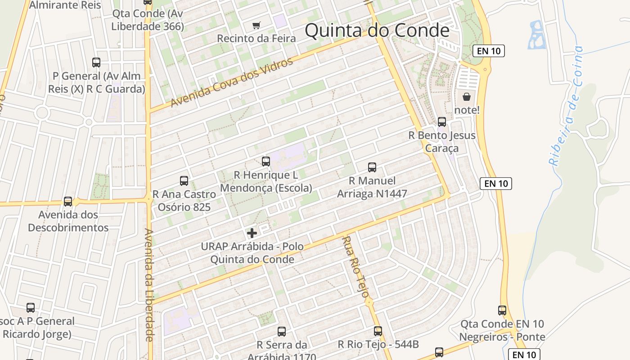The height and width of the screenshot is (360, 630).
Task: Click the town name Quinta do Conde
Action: click(377, 31)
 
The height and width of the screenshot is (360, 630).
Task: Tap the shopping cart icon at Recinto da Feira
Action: click(256, 25)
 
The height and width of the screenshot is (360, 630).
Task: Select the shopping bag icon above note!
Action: click(467, 97)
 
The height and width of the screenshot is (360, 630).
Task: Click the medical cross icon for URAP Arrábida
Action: click(252, 233)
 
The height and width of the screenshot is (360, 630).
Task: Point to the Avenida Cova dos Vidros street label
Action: click(232, 82)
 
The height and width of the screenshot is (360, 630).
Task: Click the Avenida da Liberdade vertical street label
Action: click(149, 285)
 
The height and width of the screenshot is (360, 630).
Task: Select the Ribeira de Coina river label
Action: click(566, 106)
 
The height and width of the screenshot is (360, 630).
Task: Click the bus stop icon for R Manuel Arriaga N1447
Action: click(372, 167)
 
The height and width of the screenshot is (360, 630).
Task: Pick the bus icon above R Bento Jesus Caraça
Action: click(442, 122)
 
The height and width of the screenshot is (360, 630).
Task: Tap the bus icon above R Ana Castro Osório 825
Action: click(184, 181)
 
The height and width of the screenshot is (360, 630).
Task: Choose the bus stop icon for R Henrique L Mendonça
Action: click(266, 161)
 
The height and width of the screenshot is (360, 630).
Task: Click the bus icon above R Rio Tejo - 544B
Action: click(378, 331)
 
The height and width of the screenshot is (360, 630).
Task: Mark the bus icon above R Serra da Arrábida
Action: click(282, 332)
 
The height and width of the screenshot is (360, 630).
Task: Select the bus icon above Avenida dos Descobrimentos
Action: click(68, 201)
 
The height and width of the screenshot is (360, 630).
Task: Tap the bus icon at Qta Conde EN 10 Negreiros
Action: click(502, 310)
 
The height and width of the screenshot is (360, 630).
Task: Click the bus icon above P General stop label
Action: click(96, 63)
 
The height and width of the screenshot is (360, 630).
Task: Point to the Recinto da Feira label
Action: click(256, 39)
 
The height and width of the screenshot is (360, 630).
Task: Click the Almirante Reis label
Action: click(65, 5)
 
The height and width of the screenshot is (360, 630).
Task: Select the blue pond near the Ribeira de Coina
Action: click(536, 35)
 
